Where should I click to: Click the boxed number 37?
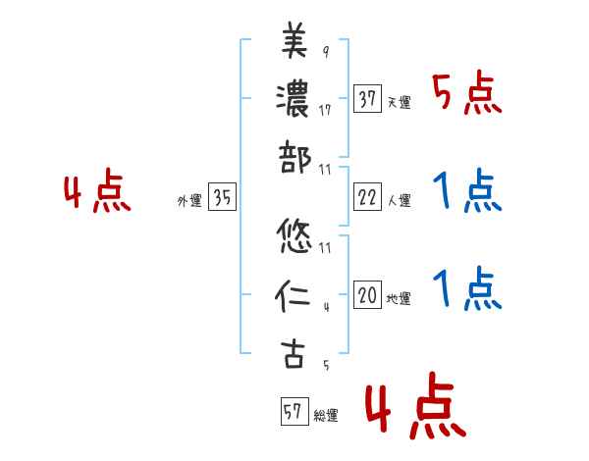(x=367, y=99)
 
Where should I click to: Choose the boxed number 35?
(x=222, y=198)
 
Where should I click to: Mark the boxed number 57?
(x=293, y=410)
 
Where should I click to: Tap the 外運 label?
(x=189, y=201)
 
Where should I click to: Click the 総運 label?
(x=326, y=415)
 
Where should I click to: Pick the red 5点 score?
(x=465, y=94)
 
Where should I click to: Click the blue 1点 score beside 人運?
(x=465, y=191)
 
